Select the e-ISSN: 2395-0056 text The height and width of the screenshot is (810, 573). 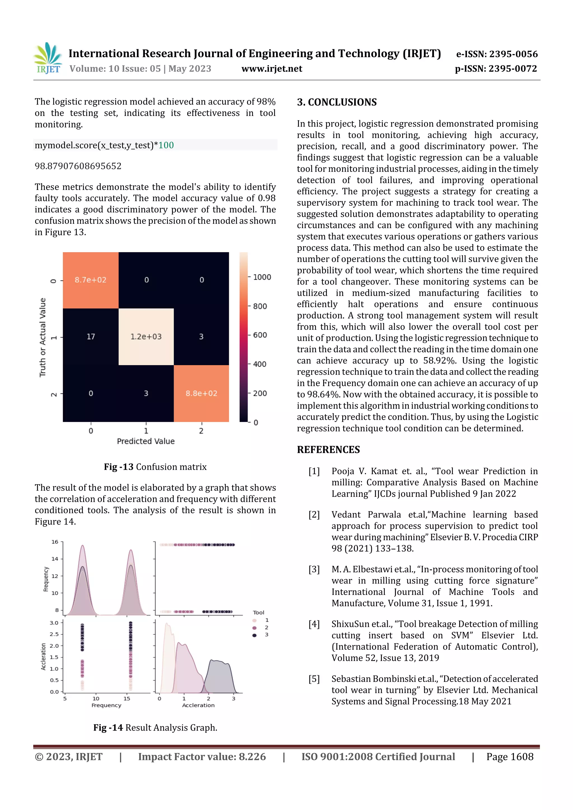point(497,54)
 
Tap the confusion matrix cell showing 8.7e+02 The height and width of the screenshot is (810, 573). point(90,280)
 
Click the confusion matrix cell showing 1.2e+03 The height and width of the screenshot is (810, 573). point(146,337)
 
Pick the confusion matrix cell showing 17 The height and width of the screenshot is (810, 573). point(91,337)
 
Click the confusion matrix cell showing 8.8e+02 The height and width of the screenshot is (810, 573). point(201,393)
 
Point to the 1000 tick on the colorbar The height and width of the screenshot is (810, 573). point(262,277)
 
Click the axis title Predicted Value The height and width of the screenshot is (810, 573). point(145,441)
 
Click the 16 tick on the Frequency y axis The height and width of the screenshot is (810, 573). point(55,542)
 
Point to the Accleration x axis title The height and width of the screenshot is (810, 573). point(198,705)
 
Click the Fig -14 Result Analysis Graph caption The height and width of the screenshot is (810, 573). point(155,728)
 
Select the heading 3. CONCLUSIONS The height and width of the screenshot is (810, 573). point(337,102)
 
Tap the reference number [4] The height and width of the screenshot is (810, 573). point(314,624)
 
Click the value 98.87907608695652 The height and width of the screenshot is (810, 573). point(78,166)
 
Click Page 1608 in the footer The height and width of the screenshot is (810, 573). point(509,757)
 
